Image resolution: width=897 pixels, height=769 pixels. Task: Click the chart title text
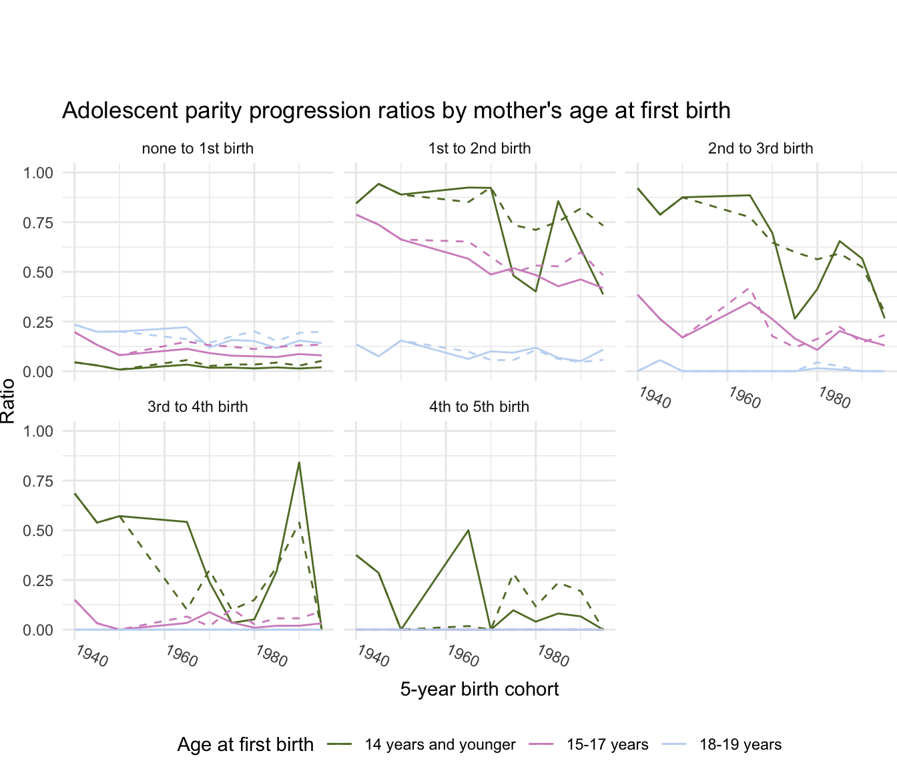(396, 110)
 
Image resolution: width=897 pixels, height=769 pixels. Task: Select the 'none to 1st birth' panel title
(198, 148)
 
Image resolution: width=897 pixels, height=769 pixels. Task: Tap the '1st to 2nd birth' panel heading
(479, 148)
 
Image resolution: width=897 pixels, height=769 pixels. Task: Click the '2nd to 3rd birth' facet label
(760, 148)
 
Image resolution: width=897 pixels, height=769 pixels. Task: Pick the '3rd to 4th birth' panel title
(198, 407)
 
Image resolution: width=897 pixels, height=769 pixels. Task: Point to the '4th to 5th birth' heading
(479, 407)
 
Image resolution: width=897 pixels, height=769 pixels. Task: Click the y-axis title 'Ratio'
(8, 401)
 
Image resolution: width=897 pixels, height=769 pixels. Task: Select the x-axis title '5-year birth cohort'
(479, 689)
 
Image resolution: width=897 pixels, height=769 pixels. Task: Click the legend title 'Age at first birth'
(245, 744)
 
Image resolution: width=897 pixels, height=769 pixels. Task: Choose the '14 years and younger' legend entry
(440, 744)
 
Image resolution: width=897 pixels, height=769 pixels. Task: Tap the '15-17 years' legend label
(607, 744)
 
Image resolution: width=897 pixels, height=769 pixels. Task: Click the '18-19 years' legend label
(740, 744)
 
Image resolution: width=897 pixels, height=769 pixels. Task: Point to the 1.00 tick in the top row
(37, 173)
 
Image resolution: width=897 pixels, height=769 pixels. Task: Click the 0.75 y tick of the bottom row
(37, 481)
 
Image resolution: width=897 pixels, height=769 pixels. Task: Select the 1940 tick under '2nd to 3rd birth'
(654, 398)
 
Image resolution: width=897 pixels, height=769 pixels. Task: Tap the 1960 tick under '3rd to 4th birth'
(182, 656)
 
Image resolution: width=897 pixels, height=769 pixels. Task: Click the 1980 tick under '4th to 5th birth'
(553, 656)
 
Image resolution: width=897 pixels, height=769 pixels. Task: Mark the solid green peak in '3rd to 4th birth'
(299, 462)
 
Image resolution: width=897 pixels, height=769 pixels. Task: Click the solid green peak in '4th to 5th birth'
(469, 530)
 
